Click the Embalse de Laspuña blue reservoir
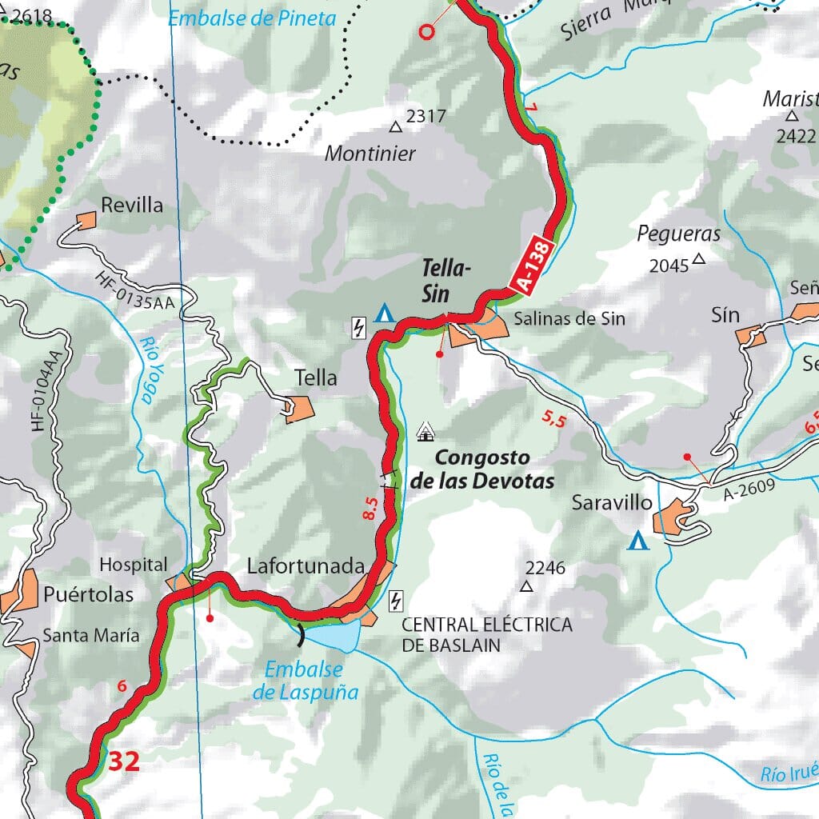pyautogui.click(x=331, y=637)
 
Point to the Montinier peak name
pyautogui.click(x=370, y=154)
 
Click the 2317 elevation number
pyautogui.click(x=425, y=117)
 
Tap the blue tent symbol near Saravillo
pyautogui.click(x=637, y=541)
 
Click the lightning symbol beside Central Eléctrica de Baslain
pyautogui.click(x=395, y=601)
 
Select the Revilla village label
pyautogui.click(x=132, y=206)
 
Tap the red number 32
pyautogui.click(x=124, y=762)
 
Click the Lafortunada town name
pyautogui.click(x=306, y=566)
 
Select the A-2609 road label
pyautogui.click(x=749, y=490)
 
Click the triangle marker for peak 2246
pyautogui.click(x=526, y=586)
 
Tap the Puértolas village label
pyautogui.click(x=89, y=595)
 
